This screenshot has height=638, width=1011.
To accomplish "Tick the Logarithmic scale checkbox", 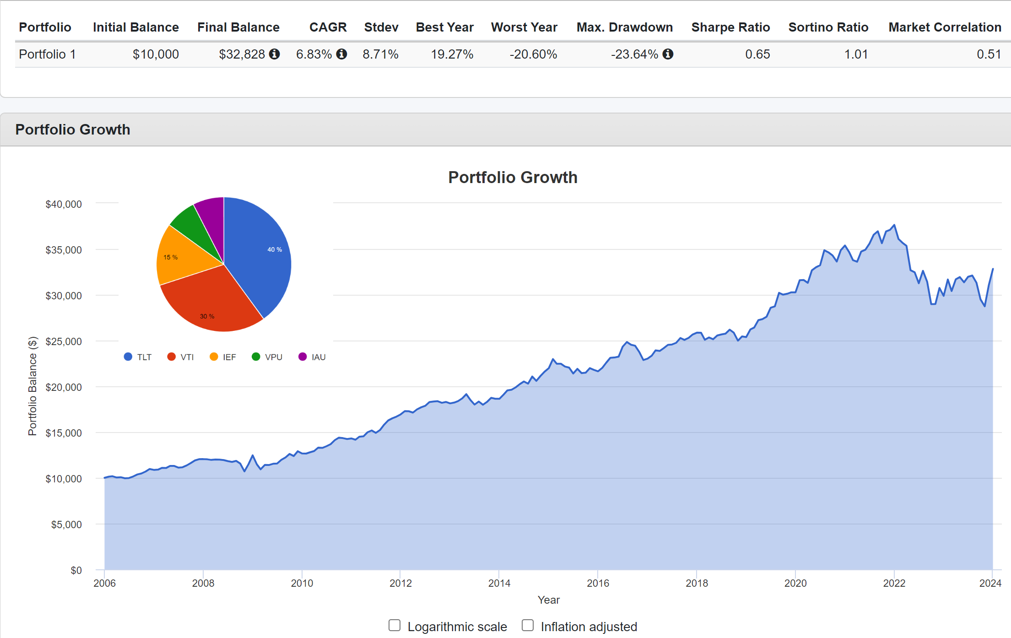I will pyautogui.click(x=395, y=625).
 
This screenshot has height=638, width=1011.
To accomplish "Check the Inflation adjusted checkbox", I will pyautogui.click(x=528, y=625).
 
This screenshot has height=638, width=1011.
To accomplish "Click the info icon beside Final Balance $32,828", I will pyautogui.click(x=275, y=54).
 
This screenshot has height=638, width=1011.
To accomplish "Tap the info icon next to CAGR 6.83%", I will pyautogui.click(x=341, y=54).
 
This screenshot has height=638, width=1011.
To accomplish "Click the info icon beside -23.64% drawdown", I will pyautogui.click(x=668, y=54).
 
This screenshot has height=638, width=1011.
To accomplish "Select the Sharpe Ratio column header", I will pyautogui.click(x=730, y=27).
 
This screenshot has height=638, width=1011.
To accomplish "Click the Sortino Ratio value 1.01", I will pyautogui.click(x=856, y=54).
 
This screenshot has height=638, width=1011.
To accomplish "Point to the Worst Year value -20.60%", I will pyautogui.click(x=533, y=54).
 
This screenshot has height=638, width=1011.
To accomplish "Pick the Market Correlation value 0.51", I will pyautogui.click(x=989, y=54).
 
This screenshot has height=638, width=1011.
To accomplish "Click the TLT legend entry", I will pyautogui.click(x=138, y=357).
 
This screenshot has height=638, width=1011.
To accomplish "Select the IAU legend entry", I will pyautogui.click(x=313, y=357).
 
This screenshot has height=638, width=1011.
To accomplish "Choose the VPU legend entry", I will pyautogui.click(x=268, y=357).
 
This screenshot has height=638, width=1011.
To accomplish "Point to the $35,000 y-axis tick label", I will pyautogui.click(x=64, y=250).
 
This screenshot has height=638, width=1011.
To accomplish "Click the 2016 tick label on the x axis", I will pyautogui.click(x=598, y=583).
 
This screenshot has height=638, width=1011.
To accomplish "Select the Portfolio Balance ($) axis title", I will pyautogui.click(x=32, y=386).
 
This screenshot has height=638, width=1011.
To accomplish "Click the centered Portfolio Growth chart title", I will pyautogui.click(x=513, y=178).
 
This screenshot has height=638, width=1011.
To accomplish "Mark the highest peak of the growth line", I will pyautogui.click(x=894, y=225).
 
